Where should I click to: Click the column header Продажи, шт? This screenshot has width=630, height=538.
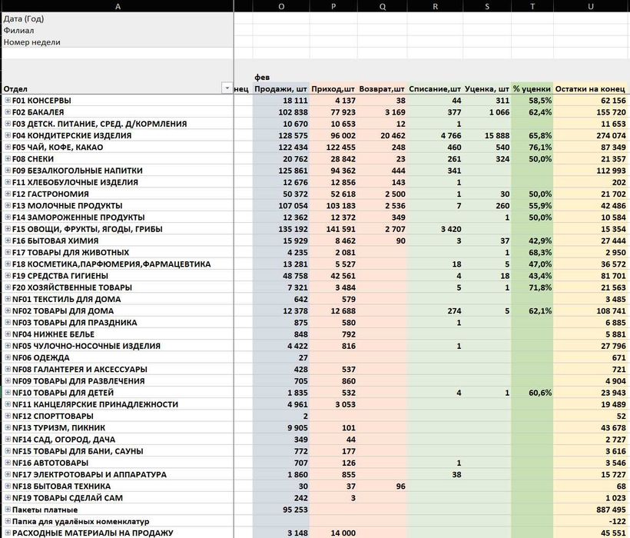coord(281,88)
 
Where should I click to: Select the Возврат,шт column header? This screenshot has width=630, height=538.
coord(383,88)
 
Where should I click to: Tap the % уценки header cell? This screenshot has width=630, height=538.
coord(532,88)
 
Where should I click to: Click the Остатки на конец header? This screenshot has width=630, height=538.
coord(591,88)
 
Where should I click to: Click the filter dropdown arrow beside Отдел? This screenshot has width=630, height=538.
coord(227,88)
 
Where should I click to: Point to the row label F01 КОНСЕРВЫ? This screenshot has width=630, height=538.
coord(41,101)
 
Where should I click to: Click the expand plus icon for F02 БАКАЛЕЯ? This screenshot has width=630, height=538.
coord(8,112)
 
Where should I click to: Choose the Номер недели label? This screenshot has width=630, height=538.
coord(31,42)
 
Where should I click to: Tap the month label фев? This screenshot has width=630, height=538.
coord(262,77)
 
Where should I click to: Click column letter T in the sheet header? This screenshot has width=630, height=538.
coord(532,6)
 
